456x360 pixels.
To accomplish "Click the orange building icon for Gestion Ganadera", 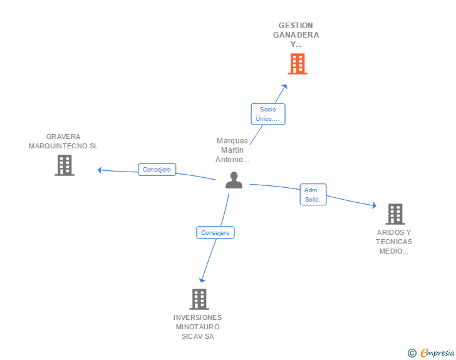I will [x=298, y=63].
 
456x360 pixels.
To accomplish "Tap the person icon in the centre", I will [x=234, y=180].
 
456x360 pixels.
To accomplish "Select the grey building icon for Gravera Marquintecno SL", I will [x=64, y=165].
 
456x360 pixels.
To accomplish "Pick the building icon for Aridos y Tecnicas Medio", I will [x=395, y=214].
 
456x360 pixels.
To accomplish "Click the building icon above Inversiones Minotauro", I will [x=199, y=299].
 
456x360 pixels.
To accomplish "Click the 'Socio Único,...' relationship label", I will [x=268, y=114].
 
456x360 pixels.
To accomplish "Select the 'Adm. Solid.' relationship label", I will [x=313, y=195].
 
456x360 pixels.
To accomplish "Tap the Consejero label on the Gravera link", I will [x=157, y=170].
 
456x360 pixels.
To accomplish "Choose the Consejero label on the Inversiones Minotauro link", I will [x=215, y=232].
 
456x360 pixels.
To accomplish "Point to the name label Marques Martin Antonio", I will [x=232, y=150].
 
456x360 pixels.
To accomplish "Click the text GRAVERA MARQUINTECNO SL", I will [x=63, y=141].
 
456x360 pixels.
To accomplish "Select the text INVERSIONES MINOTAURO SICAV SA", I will [x=198, y=327].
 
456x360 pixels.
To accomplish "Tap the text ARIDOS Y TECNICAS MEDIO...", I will [x=395, y=242].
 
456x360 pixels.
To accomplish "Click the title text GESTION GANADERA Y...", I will [x=296, y=35].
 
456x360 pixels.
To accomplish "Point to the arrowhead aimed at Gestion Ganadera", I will [x=284, y=87].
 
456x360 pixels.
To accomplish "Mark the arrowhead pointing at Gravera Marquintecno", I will [x=100, y=169].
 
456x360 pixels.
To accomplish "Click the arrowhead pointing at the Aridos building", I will [x=373, y=205].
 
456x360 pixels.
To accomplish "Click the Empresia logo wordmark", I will [x=437, y=353].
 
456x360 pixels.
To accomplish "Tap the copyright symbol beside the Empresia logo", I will [x=412, y=353].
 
